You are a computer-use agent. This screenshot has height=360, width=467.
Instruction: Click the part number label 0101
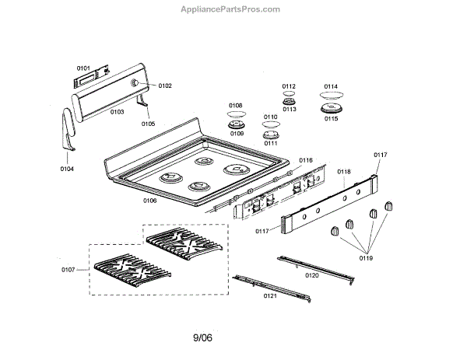tap(83, 68)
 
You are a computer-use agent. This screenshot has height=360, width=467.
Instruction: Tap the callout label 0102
tap(165, 86)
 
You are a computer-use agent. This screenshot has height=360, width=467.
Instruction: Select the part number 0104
tap(68, 168)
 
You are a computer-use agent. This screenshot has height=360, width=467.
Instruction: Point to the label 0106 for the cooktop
tap(150, 201)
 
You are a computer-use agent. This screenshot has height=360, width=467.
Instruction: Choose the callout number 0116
tap(305, 160)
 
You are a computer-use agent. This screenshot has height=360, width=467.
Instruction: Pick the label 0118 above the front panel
tap(344, 171)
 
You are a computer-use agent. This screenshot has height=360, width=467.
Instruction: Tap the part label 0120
tap(312, 274)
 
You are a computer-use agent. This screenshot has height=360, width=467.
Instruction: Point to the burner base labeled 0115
tap(332, 110)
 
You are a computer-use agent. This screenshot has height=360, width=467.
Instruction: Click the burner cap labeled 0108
tap(236, 115)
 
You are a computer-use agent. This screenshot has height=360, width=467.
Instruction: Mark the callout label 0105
tap(148, 124)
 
